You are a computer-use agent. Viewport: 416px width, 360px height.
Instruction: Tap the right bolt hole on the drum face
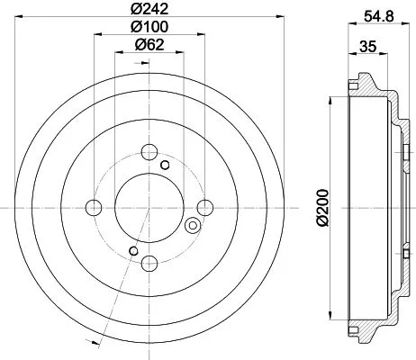pos(204,208)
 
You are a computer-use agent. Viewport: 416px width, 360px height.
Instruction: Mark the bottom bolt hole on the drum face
pos(149,263)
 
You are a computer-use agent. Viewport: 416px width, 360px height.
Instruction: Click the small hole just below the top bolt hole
pos(164,166)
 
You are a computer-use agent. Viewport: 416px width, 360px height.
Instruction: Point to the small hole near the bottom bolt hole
pos(134,249)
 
